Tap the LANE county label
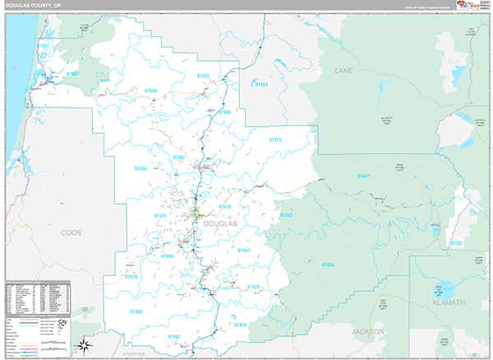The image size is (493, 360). (x=343, y=71)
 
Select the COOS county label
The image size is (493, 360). (x=71, y=233)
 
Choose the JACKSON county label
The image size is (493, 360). (x=367, y=331)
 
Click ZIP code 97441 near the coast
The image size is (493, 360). (x=43, y=46)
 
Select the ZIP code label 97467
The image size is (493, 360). (x=71, y=75)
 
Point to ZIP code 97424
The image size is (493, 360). (x=261, y=84)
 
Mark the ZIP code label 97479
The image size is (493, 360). (x=275, y=140)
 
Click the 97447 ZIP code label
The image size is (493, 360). (x=363, y=177)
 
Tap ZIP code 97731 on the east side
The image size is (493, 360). (x=456, y=243)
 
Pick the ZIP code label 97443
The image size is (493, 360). (x=286, y=215)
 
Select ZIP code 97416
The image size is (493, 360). (x=132, y=278)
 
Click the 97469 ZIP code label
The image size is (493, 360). (x=136, y=312)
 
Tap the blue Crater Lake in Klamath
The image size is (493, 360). (x=445, y=292)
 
